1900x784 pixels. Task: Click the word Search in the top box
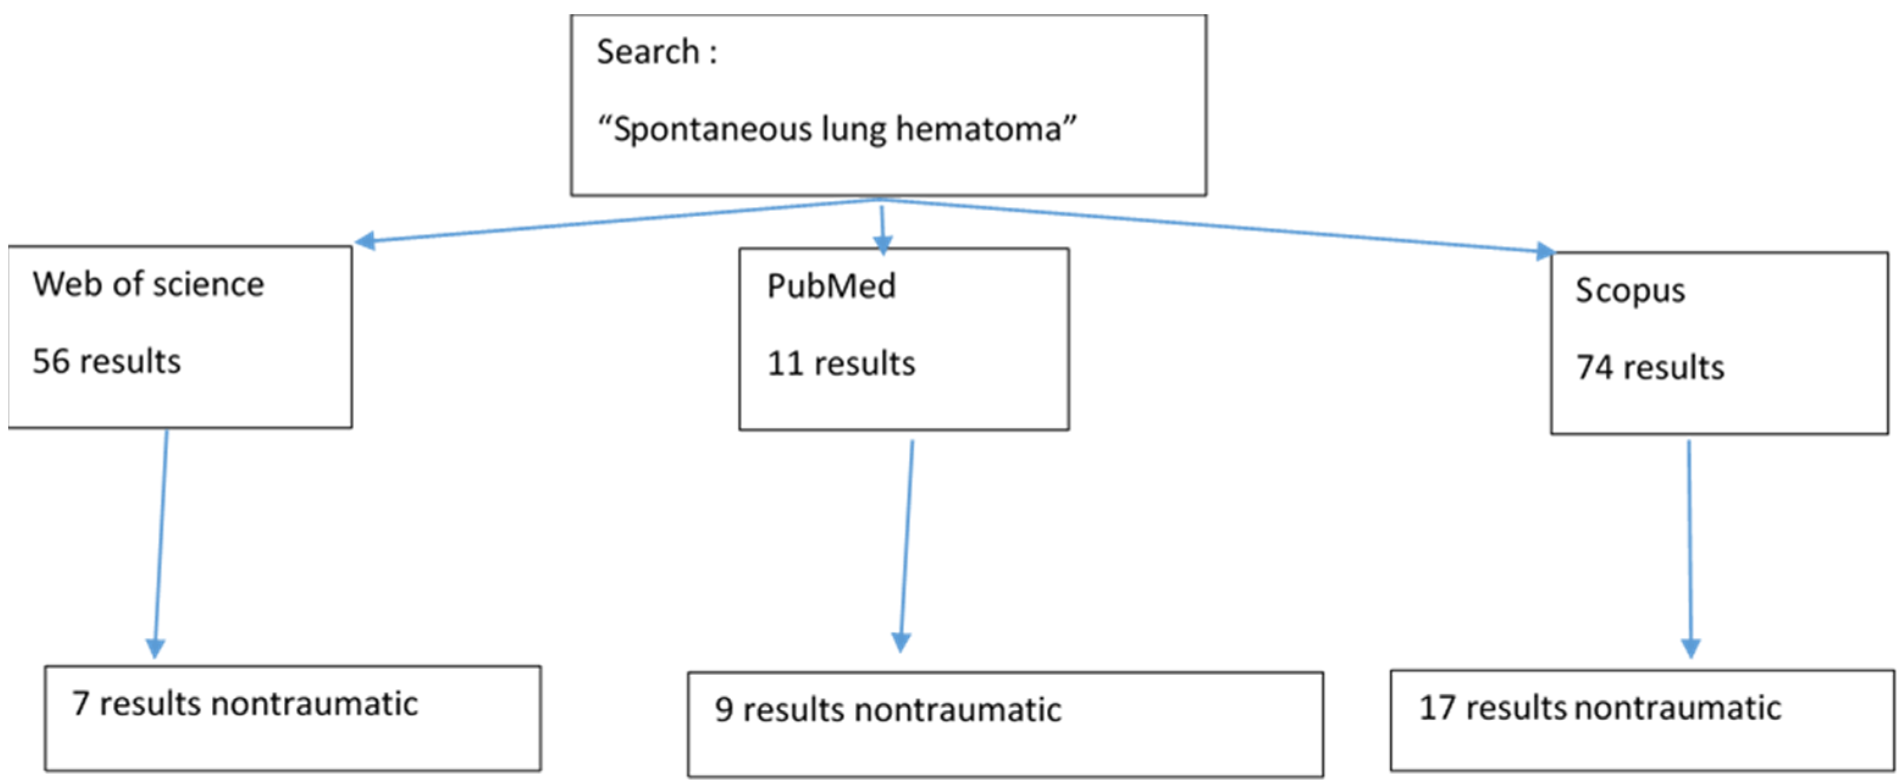coord(647,52)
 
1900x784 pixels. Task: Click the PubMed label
coord(831,286)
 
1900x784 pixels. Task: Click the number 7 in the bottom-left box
coord(81,703)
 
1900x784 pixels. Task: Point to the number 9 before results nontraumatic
coord(724,710)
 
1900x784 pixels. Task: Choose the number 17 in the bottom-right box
coord(1437,708)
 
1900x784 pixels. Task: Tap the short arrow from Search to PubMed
coord(882,229)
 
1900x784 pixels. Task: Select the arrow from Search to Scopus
coord(1217,225)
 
